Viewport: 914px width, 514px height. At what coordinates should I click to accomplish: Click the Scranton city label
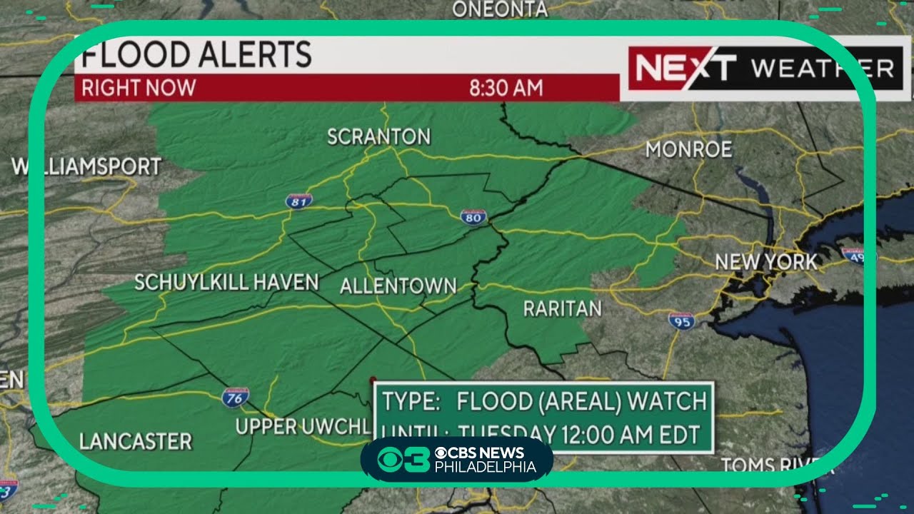pos(378,136)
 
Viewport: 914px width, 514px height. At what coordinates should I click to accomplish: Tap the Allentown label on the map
pos(398,286)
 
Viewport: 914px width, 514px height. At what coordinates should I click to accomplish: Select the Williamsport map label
pos(86,167)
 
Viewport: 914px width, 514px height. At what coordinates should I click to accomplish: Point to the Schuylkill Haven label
pos(226,282)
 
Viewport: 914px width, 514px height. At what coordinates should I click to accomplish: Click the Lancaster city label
pos(136,441)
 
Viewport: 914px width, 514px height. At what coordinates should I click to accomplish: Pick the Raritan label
pos(562,308)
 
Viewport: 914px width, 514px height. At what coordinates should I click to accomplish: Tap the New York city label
pos(766,262)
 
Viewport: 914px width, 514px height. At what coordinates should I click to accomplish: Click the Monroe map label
pos(688,149)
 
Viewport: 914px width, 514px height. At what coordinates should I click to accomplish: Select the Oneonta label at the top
pos(500,9)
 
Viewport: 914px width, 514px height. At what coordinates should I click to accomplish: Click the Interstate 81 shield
pos(298,201)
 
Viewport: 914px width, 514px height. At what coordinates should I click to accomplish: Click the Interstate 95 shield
pos(682,321)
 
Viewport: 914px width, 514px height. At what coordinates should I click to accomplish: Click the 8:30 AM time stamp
pos(506,89)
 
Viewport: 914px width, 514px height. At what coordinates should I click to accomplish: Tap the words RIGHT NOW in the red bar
pos(139,89)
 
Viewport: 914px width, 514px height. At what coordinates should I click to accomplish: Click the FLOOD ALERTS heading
pos(197,55)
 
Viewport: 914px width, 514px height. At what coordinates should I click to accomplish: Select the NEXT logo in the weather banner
pos(684,69)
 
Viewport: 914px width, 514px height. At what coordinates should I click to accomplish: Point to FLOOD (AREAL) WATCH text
pos(581,401)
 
